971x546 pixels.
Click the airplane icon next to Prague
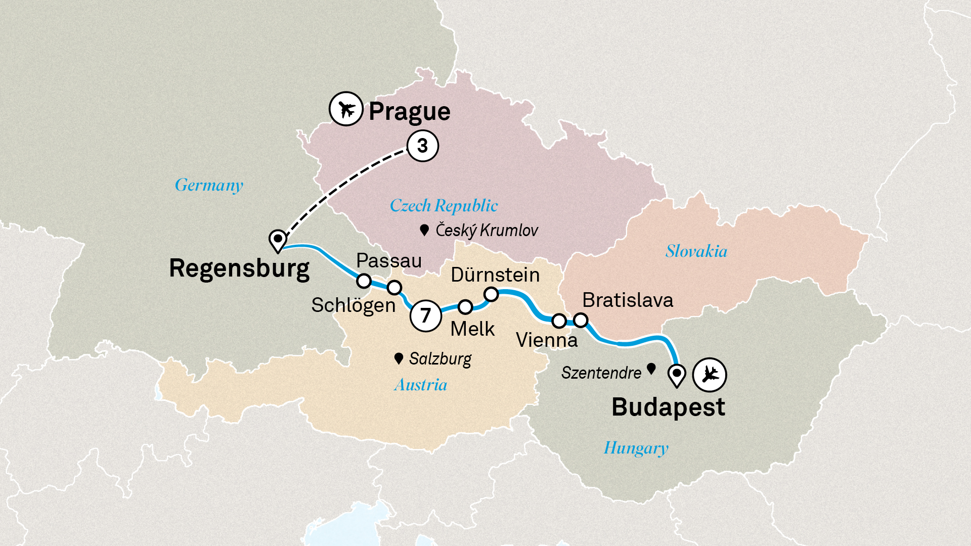[x=346, y=109]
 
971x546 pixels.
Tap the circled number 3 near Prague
[x=423, y=146]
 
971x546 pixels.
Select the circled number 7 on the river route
[x=426, y=315]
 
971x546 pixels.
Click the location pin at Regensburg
[x=278, y=240]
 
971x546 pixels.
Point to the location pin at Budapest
[x=677, y=375]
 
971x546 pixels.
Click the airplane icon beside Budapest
[x=710, y=375]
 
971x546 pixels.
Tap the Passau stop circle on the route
[x=364, y=281]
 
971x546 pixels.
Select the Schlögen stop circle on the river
[x=394, y=288]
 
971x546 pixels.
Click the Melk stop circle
[x=465, y=307]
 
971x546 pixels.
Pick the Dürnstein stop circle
[x=491, y=294]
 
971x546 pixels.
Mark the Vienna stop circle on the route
[x=559, y=321]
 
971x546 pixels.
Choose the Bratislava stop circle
[x=581, y=320]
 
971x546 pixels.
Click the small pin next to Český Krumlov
[x=424, y=231]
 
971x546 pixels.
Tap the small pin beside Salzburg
[x=399, y=358]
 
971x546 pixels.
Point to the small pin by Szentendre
[x=651, y=369]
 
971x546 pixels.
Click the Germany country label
[x=209, y=185]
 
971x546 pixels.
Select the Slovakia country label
[x=696, y=251]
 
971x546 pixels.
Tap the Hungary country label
[x=636, y=448]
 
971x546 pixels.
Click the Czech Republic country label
[x=444, y=206]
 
